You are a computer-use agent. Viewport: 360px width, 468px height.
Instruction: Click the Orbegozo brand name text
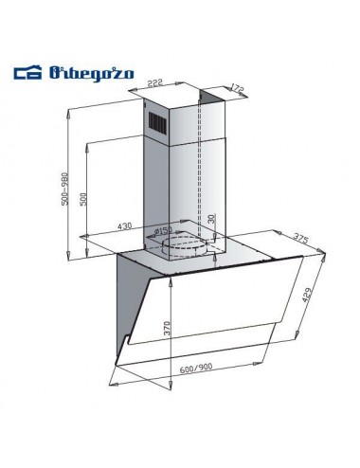click(92, 74)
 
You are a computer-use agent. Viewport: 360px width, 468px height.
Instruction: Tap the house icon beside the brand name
click(27, 73)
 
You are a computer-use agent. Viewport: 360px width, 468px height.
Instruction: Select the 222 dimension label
click(156, 83)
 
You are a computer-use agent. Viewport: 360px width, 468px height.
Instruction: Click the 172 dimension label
click(237, 88)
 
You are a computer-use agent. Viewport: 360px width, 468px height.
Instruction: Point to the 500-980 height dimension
click(64, 189)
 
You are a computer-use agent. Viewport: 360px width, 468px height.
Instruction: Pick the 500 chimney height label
click(83, 199)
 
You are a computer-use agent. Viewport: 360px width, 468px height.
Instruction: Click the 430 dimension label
click(124, 226)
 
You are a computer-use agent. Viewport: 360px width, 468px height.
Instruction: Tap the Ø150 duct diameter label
click(162, 231)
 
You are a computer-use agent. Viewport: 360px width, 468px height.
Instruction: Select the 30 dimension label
click(211, 218)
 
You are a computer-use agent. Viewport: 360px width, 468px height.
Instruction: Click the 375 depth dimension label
click(300, 238)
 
